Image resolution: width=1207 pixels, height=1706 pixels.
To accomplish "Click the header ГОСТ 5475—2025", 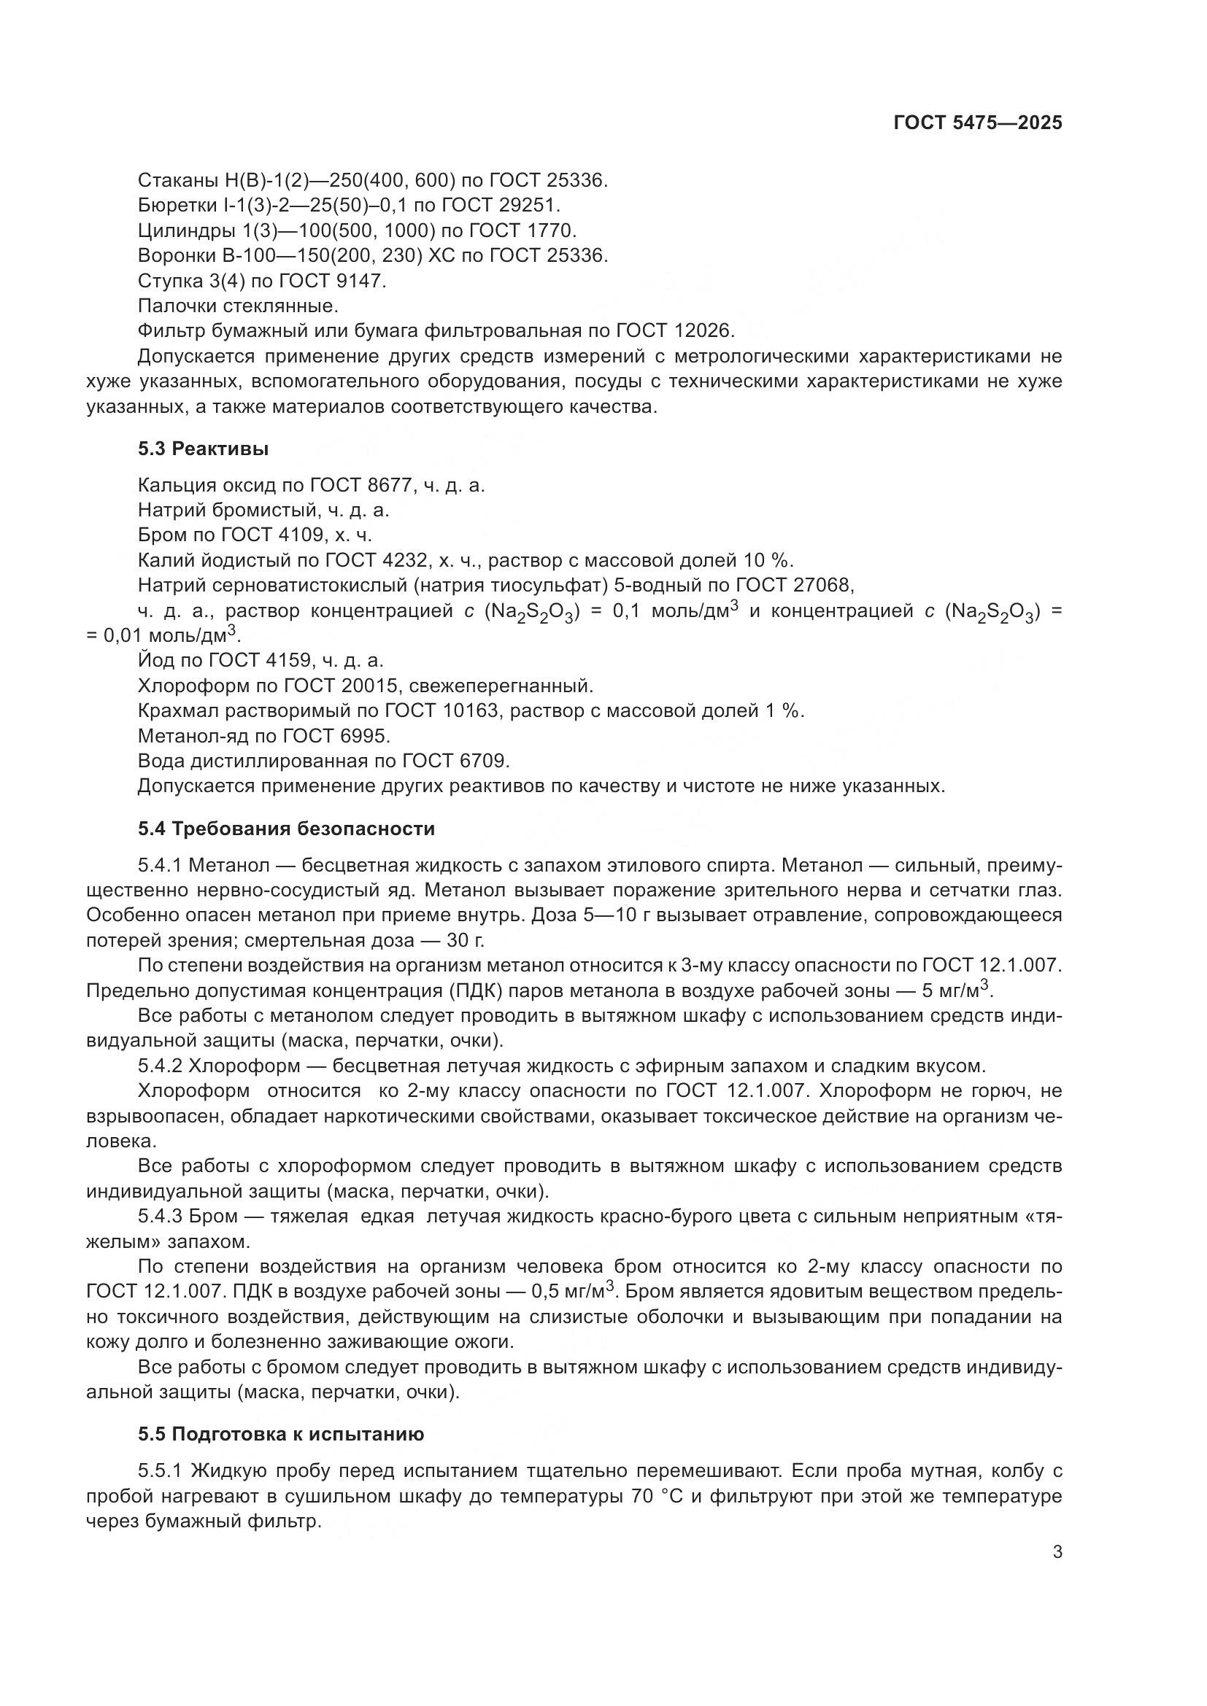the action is [977, 123].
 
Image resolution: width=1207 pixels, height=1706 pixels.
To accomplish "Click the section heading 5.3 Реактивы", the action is [203, 449].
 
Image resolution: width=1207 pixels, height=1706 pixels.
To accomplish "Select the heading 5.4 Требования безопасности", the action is [286, 829].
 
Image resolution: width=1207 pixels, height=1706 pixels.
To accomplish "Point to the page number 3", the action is [1057, 1552].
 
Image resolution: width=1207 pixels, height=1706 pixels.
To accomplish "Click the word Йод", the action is [155, 661].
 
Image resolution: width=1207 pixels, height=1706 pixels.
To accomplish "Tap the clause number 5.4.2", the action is [160, 1066].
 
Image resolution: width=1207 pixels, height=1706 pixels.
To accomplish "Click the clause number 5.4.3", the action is [160, 1217].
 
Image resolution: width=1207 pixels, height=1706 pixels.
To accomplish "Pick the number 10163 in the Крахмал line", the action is [471, 710].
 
